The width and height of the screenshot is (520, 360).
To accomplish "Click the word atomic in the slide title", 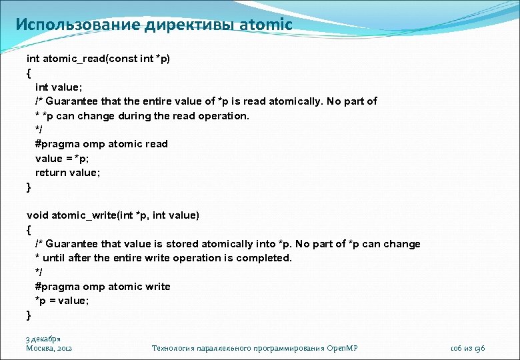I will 266,25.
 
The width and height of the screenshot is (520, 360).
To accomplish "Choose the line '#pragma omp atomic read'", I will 101,144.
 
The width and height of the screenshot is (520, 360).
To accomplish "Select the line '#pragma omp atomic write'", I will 103,287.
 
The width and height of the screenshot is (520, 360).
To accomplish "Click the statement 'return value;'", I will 68,173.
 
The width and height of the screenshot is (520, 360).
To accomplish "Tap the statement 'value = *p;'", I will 62,158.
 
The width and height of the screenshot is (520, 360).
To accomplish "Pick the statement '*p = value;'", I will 62,301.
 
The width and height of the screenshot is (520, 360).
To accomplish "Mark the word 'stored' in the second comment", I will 182,244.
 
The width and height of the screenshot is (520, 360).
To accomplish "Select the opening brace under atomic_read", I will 29,73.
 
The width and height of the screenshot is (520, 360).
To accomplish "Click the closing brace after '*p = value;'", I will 29,315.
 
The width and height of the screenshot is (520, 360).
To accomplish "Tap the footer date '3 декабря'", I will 43,339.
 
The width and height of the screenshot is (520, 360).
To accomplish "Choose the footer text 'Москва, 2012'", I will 49,348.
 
